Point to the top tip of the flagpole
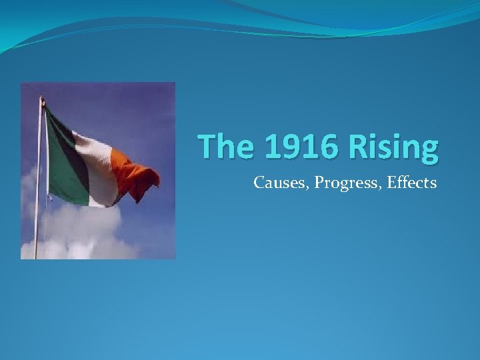(41, 98)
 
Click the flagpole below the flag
(37, 227)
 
